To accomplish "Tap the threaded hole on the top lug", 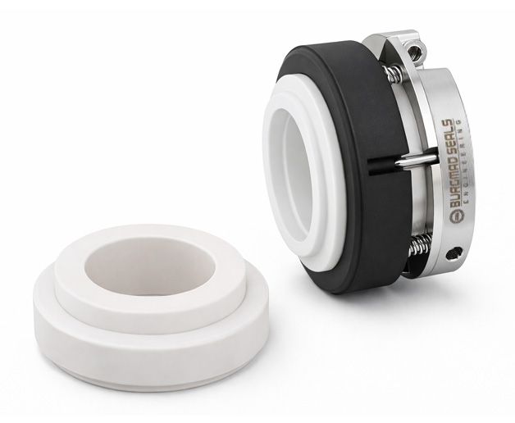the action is (415, 52).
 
